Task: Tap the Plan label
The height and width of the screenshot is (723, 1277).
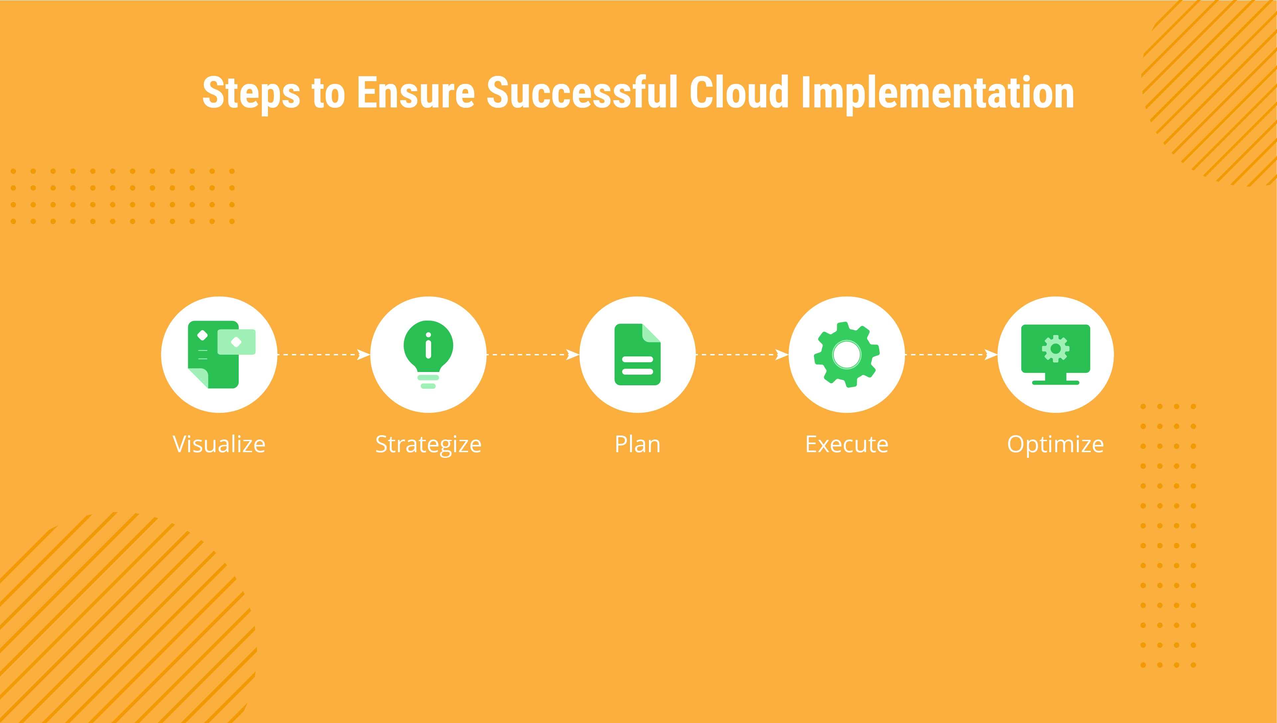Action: [x=638, y=444]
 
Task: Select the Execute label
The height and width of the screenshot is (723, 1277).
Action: [x=847, y=444]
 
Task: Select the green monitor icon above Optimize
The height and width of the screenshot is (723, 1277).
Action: [x=1056, y=355]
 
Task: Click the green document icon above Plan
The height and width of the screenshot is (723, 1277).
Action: [x=638, y=355]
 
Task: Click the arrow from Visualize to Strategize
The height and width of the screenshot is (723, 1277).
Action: [x=323, y=355]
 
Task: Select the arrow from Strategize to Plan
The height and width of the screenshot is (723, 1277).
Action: [x=533, y=355]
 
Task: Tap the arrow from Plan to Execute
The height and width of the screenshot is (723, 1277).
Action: [x=742, y=355]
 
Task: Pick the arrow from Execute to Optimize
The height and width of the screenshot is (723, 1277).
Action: [x=952, y=355]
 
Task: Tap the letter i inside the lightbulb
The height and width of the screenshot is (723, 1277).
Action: [x=429, y=346]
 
